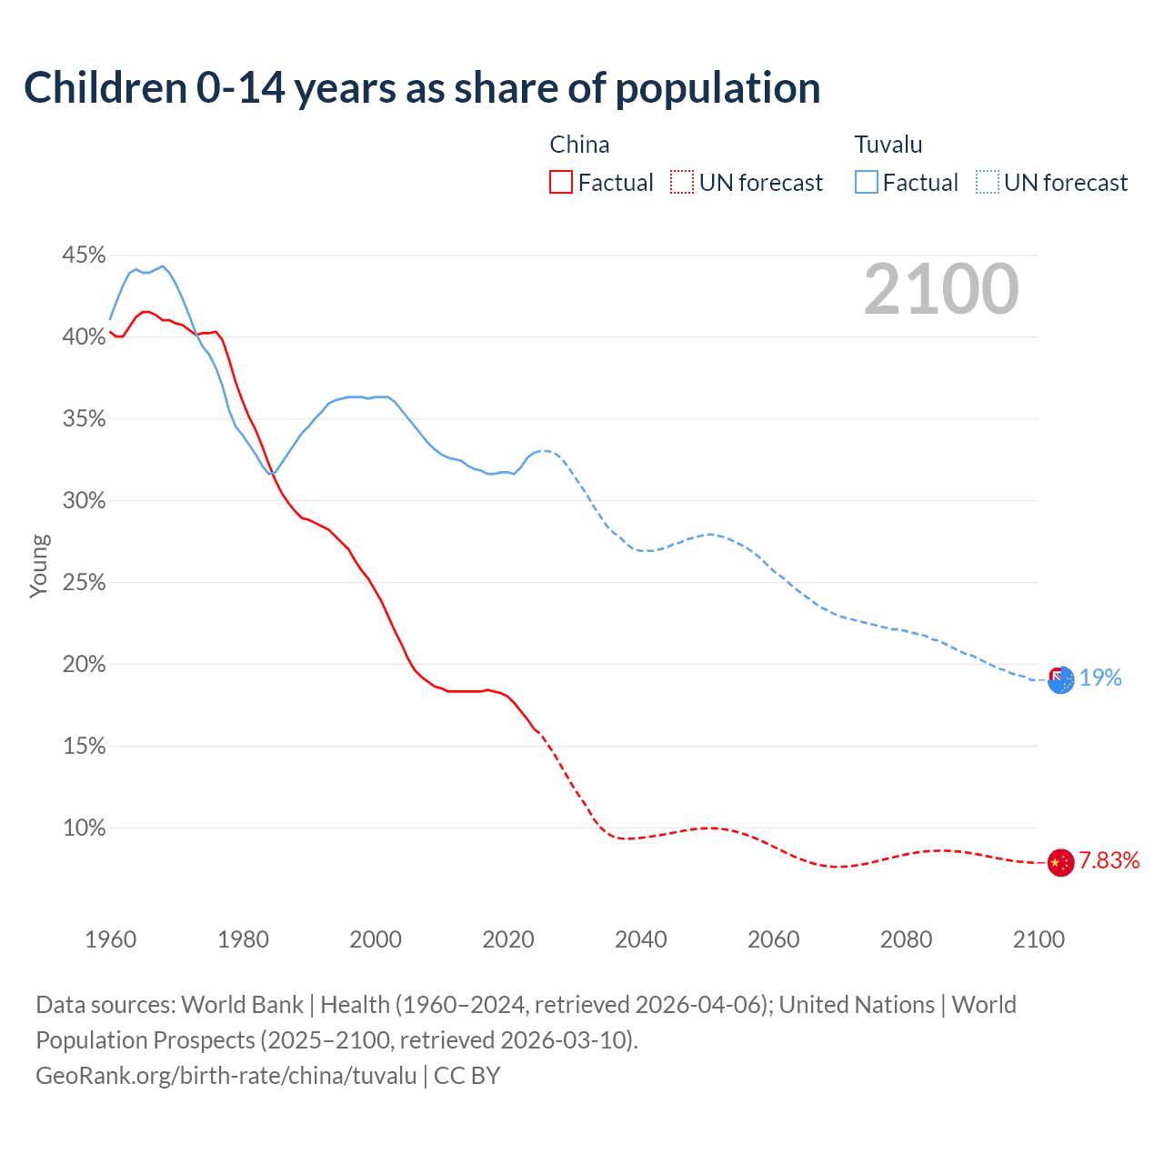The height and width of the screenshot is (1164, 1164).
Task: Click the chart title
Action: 422,88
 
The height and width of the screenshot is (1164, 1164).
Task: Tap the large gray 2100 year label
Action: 940,289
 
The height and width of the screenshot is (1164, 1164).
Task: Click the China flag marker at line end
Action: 1060,862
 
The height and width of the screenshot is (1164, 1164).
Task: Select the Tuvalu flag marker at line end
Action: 1060,678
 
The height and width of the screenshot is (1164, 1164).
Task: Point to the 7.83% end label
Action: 1109,861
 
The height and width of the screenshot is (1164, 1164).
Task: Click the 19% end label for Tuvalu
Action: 1100,677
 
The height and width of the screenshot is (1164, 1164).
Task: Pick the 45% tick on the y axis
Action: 84,256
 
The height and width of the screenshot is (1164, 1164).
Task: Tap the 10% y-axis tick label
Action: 84,828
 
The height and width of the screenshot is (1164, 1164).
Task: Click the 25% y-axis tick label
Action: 84,583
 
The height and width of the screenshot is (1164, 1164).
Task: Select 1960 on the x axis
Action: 110,939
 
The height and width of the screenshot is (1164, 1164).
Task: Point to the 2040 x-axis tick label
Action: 640,939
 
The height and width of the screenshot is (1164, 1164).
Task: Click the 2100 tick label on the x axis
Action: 1038,939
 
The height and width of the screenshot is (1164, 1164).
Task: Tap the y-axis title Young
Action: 39,566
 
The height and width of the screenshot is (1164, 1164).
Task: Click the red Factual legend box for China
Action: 561,183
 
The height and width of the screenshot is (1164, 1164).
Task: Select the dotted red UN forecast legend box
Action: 681,183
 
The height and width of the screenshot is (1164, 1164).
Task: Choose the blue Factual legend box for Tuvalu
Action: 866,183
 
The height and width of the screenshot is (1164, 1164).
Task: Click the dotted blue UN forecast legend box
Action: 987,183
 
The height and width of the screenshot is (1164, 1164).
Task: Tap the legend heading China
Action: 579,145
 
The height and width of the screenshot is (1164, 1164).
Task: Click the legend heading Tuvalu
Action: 888,145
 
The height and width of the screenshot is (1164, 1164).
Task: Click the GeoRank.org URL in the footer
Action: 226,1076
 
